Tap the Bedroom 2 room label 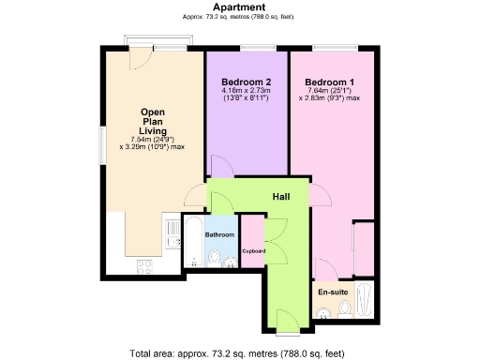pos(232,81)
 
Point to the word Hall pos(280,197)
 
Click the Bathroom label pos(219,234)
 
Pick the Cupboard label pos(254,251)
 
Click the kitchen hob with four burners pos(145,265)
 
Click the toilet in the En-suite pos(344,307)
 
